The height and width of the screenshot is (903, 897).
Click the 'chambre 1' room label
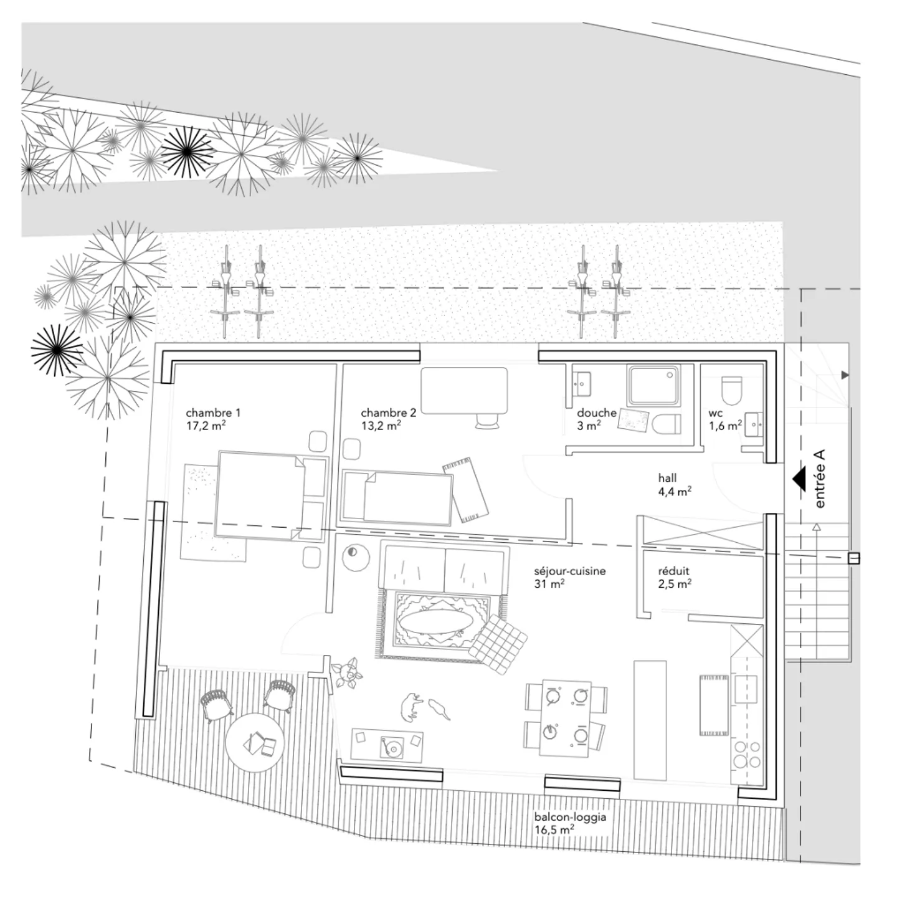212,413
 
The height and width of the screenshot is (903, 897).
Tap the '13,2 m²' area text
381,426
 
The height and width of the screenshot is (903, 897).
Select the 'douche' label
596,413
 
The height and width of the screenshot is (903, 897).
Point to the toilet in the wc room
732,390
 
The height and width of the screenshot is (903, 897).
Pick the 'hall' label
667,478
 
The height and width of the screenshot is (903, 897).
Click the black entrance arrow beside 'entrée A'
799,479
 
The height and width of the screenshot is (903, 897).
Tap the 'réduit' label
673,571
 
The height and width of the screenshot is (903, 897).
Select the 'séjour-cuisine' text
569,571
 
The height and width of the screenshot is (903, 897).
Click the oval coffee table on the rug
435,622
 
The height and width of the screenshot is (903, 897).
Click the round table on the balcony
255,743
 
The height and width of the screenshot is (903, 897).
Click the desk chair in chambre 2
487,421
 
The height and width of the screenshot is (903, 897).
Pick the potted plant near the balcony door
346,674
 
